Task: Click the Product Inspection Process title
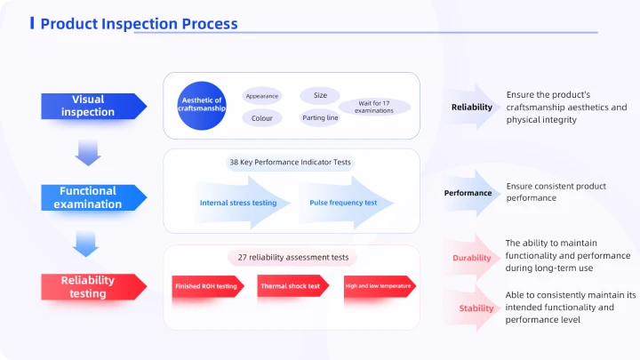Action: coord(139,24)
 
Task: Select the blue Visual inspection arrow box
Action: coord(94,106)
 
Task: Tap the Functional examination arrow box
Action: coord(94,197)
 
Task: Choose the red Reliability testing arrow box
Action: coord(94,287)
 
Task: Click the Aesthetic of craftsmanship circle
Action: coord(202,106)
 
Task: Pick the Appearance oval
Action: coord(262,96)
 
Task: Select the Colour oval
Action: coord(262,118)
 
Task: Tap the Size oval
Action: coord(320,95)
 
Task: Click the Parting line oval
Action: coord(320,118)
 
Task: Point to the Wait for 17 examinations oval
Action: coord(374,107)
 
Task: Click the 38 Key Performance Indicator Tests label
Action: coord(290,162)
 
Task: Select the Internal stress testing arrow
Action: coord(242,203)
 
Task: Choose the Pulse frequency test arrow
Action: coord(346,203)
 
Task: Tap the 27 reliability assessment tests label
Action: coord(292,258)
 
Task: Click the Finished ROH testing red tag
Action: coord(208,286)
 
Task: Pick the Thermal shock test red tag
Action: coord(293,286)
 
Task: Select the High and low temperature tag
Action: coord(380,286)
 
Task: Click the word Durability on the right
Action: coord(471,258)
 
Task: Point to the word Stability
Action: coord(476,308)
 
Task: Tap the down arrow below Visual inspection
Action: coord(88,153)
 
